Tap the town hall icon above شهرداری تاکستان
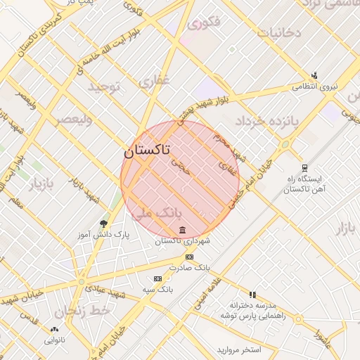point(183,231)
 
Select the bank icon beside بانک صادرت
point(188,257)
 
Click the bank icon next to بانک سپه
point(157,278)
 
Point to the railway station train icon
point(304,168)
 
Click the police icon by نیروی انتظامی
point(314,76)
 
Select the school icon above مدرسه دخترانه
point(252,295)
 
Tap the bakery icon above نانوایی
point(55,329)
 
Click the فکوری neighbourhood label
point(205,22)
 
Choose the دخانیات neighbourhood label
point(279,32)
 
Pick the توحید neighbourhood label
point(105,86)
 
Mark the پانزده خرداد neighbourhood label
point(267,121)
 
